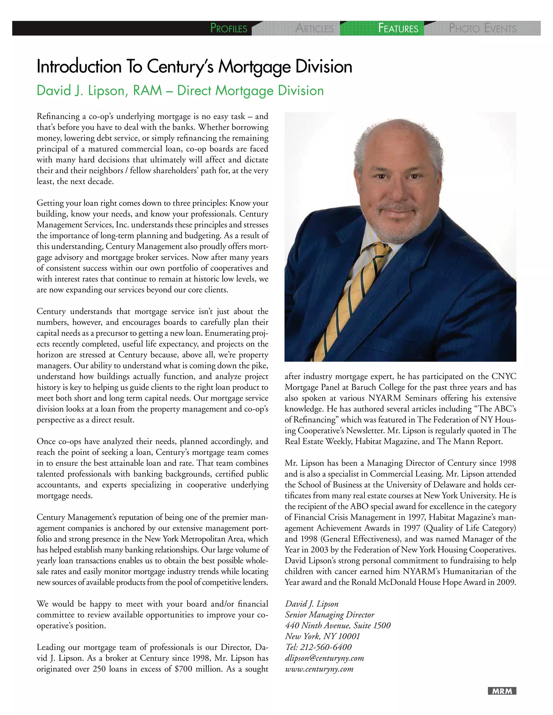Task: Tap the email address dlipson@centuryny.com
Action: click(324, 658)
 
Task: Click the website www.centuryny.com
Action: click(319, 669)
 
